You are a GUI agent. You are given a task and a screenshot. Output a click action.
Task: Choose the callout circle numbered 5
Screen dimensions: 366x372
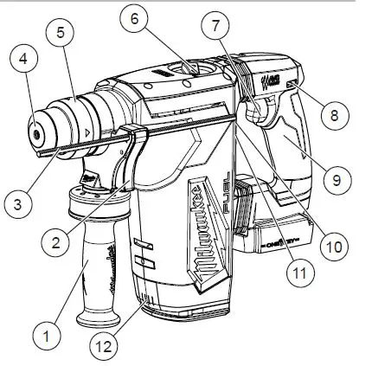(x=60, y=34)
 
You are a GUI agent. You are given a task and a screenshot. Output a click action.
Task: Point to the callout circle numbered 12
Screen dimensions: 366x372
(x=103, y=349)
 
